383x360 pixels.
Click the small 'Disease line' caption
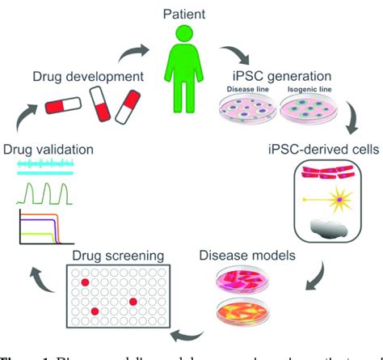(250, 91)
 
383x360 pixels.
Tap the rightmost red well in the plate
(133, 301)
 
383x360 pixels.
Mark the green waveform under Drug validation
(46, 193)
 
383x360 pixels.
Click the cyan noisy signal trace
(46, 167)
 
